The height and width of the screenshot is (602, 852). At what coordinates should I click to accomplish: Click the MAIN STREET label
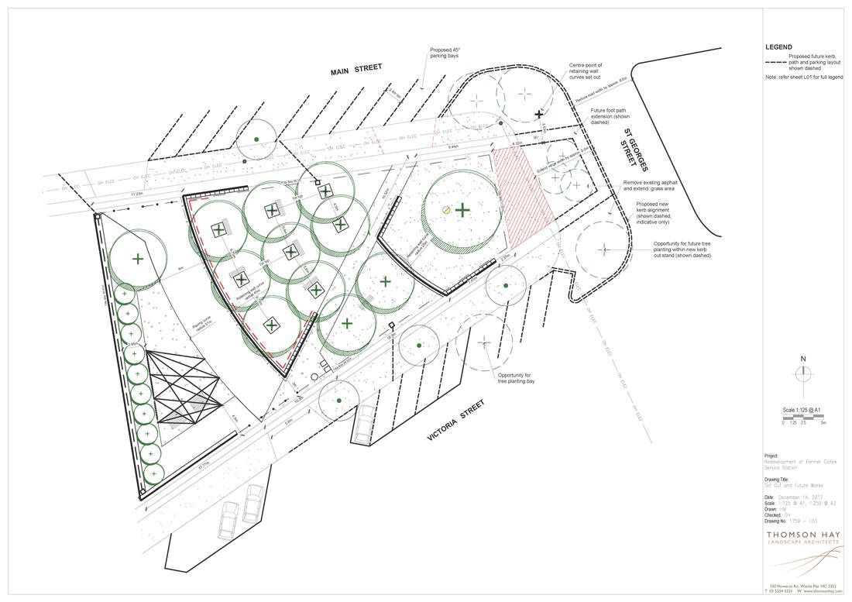click(x=356, y=70)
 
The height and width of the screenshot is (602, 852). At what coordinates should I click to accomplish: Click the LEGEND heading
click(x=778, y=47)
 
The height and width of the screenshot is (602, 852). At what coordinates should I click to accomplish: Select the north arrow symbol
click(x=804, y=373)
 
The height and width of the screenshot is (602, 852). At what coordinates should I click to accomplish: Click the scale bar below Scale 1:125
click(x=802, y=417)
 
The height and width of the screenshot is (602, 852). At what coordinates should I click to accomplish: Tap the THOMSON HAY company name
click(x=802, y=533)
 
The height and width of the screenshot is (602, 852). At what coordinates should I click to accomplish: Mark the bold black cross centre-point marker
click(x=539, y=114)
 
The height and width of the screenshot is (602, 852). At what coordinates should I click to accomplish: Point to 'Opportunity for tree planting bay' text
click(x=516, y=378)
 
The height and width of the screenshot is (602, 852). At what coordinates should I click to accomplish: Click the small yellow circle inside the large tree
click(x=445, y=210)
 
